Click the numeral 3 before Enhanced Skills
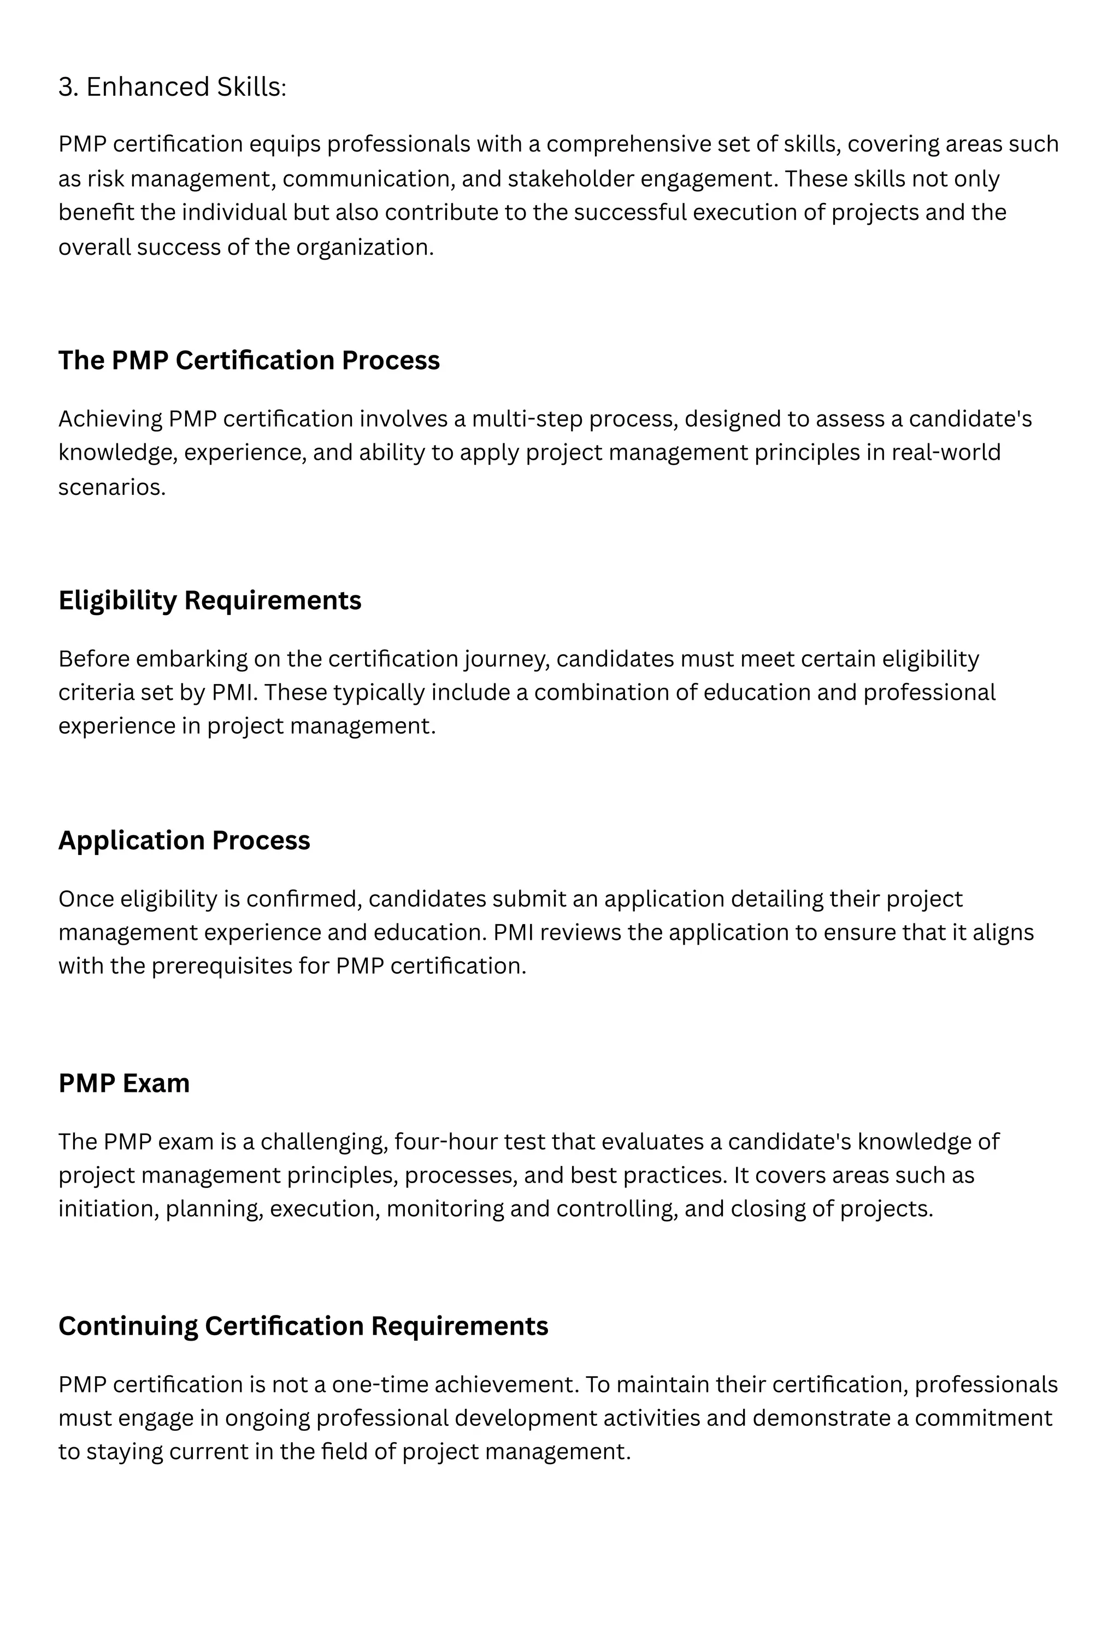(x=67, y=87)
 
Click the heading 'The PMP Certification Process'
(x=249, y=360)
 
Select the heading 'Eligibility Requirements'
(x=209, y=600)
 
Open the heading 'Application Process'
(x=184, y=840)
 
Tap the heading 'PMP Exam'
(x=123, y=1083)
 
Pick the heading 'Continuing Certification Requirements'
(x=303, y=1326)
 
